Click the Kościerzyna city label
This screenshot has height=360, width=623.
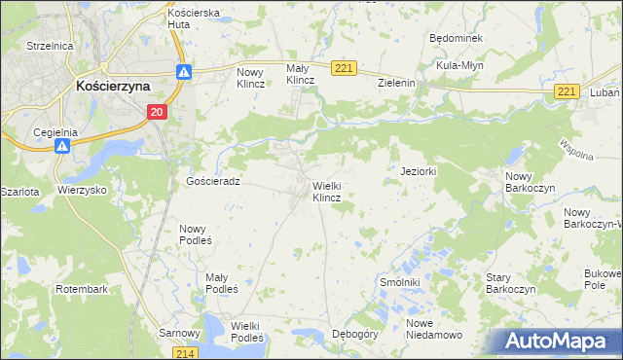click(x=113, y=86)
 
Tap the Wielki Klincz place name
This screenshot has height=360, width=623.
click(x=326, y=191)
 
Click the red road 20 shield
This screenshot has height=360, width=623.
click(x=157, y=113)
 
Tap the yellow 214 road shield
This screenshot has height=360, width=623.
click(x=188, y=352)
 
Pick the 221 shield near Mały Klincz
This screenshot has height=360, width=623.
click(x=343, y=67)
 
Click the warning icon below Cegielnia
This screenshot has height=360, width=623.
click(x=60, y=146)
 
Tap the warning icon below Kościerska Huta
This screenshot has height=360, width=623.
click(x=184, y=71)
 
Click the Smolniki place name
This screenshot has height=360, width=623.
click(x=398, y=281)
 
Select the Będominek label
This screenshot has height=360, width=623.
click(x=456, y=37)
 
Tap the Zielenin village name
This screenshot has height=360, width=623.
click(x=397, y=83)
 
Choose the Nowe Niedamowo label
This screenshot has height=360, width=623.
click(x=434, y=329)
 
